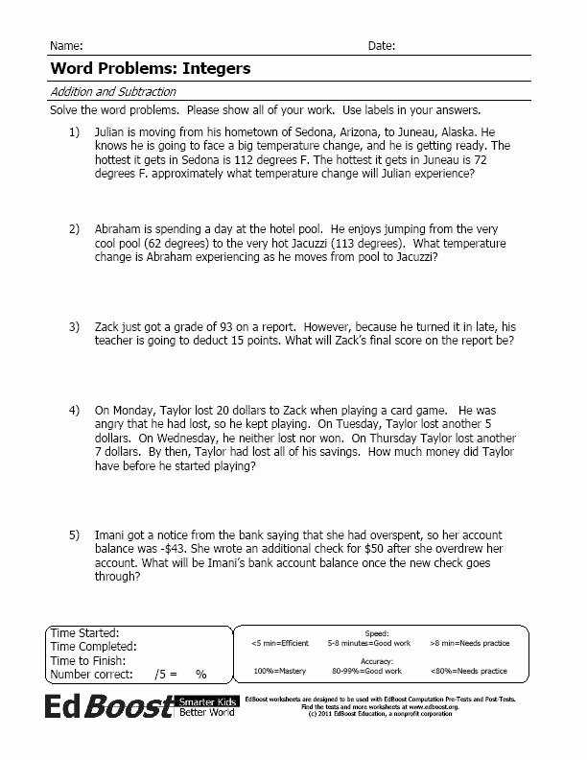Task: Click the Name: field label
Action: point(65,46)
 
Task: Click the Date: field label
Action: point(381,46)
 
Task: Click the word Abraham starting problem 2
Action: point(121,230)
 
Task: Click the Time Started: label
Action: point(84,633)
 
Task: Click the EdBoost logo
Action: point(108,707)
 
